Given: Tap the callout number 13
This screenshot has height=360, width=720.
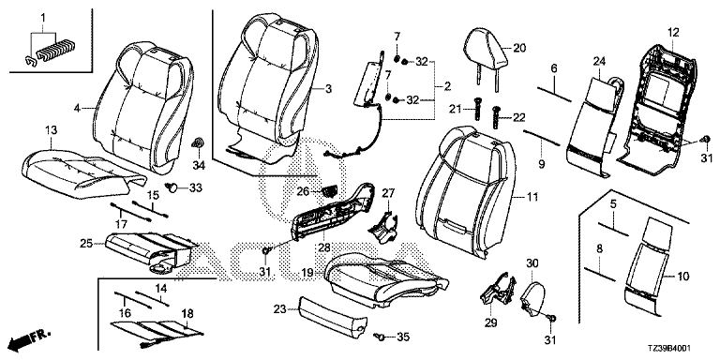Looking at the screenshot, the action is coord(51,130).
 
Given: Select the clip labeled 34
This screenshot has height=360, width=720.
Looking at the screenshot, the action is coord(198,143).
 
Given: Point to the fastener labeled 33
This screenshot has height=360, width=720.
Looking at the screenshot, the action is coord(173,187).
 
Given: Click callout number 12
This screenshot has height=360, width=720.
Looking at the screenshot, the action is coord(673,33).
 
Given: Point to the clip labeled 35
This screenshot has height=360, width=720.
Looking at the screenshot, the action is coord(379,337).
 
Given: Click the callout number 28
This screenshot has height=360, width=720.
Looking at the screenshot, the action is coord(324,247).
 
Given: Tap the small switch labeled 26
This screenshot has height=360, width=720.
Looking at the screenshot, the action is coord(329,190).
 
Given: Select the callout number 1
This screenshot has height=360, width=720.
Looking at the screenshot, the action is coord(43,19).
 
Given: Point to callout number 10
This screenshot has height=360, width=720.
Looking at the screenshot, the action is coord(683,276).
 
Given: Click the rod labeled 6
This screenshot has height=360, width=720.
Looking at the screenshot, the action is coord(555,92).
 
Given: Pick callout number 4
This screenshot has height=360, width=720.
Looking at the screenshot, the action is coord(77,109).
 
